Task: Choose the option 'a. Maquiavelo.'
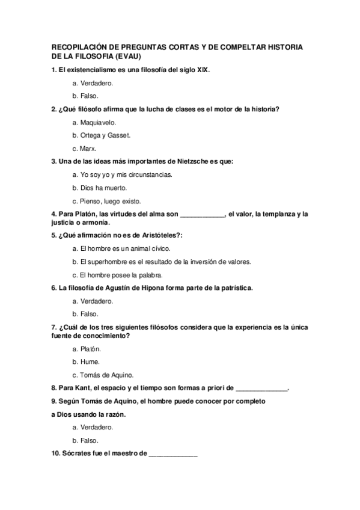(94, 122)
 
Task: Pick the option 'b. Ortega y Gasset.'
(101, 135)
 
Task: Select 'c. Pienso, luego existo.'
(106, 201)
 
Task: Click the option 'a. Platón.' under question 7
(86, 348)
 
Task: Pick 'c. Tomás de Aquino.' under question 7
(102, 375)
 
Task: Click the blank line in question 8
(262, 389)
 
